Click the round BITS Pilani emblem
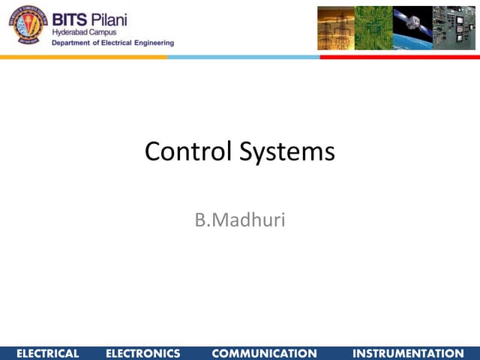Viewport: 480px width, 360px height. click(27, 25)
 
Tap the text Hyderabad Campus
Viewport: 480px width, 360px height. click(85, 33)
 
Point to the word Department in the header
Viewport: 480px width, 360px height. click(75, 43)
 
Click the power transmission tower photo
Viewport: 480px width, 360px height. click(335, 28)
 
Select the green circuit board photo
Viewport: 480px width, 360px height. click(373, 28)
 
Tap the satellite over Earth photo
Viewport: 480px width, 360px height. click(413, 28)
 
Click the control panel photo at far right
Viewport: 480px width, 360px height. click(454, 28)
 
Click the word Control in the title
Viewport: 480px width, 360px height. click(188, 151)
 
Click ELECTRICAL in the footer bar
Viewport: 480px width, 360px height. click(47, 353)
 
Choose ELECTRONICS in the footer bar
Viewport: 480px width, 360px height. click(143, 353)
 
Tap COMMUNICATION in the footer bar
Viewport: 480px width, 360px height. click(265, 353)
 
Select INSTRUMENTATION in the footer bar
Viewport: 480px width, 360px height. click(408, 353)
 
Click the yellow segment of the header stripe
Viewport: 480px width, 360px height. click(82, 57)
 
